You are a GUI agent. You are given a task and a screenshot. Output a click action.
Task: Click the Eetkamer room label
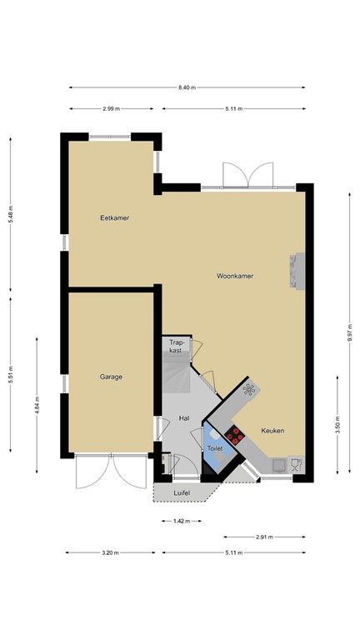coord(114,218)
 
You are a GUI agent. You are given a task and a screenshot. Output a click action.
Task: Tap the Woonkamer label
coord(235,275)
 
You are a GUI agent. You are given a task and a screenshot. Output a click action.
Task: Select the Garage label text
coord(111,377)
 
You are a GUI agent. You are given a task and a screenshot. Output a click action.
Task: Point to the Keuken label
coord(272,431)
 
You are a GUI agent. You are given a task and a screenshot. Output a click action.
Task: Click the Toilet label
coord(216,448)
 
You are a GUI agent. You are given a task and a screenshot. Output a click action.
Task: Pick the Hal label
coord(184,418)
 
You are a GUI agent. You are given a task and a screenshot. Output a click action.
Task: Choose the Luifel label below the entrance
coord(182,493)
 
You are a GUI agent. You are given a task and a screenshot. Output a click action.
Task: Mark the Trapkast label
coord(176,347)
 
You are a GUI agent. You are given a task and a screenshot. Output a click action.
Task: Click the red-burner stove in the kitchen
coord(234,433)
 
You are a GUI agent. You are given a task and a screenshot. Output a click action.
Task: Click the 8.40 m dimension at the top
coord(187,87)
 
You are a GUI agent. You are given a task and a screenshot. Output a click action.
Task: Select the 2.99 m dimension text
coord(111,108)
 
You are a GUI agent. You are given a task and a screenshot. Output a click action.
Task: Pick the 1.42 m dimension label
coord(181,521)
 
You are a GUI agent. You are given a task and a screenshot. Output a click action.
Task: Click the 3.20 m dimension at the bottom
coord(110,552)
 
